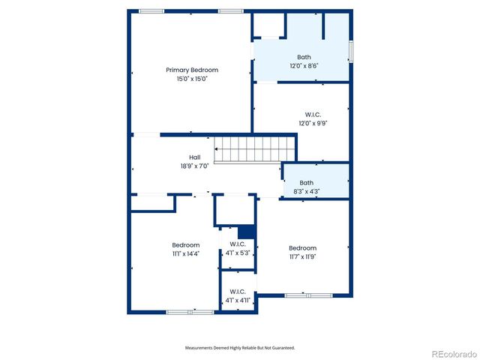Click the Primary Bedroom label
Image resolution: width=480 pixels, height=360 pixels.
coord(186,70)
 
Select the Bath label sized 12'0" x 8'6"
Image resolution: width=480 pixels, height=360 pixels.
coord(304,57)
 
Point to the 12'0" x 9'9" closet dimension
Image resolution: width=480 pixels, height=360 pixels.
coord(304,123)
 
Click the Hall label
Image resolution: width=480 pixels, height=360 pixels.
coord(194,157)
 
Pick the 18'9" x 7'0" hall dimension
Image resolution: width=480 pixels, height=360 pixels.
coord(194,166)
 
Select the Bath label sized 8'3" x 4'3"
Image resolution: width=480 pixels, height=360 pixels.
coord(306,182)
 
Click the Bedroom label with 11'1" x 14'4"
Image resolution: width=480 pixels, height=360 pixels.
coord(186,245)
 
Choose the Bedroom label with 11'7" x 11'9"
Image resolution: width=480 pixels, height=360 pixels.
coord(303,248)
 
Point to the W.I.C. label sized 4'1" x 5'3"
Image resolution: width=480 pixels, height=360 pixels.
coord(238,244)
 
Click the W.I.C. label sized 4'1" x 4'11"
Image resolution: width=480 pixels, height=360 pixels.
coord(238,292)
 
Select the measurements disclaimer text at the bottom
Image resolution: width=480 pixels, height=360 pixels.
coord(240,348)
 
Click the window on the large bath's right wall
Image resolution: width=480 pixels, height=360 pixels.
coord(351,51)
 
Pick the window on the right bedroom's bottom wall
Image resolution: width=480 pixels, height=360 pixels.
coord(307,295)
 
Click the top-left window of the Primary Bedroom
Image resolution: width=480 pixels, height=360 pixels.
coord(151,11)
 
